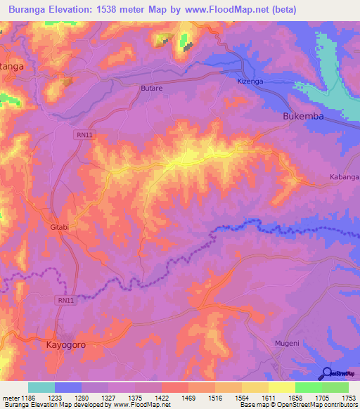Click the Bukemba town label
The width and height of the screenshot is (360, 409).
(x=303, y=117)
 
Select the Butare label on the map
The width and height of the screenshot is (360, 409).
(x=151, y=89)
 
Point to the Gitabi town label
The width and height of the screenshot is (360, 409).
(x=59, y=227)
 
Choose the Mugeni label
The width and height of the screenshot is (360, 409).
(x=286, y=344)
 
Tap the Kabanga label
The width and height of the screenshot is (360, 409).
(x=345, y=178)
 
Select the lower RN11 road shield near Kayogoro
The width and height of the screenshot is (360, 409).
(x=65, y=300)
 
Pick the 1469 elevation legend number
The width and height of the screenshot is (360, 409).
(x=188, y=397)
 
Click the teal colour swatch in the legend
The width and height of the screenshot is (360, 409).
(x=41, y=387)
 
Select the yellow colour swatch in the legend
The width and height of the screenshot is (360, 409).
(x=281, y=387)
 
